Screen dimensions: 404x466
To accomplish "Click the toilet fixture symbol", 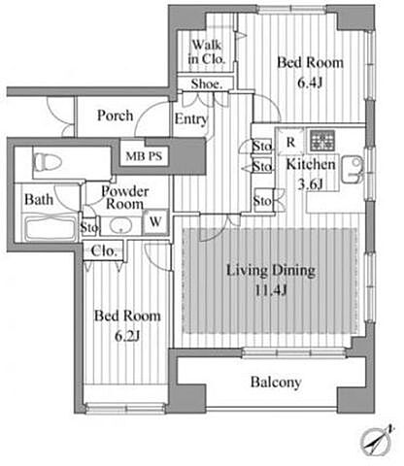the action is click(x=48, y=161).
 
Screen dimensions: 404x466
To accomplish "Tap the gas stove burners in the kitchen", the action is click(x=322, y=141).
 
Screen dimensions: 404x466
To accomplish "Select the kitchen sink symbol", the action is click(x=353, y=169).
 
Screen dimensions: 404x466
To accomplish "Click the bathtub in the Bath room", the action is click(x=50, y=227).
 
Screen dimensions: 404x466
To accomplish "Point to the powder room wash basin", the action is click(x=120, y=225).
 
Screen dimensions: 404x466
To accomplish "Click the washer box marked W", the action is click(x=155, y=221).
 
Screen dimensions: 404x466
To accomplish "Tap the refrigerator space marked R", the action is click(x=291, y=142).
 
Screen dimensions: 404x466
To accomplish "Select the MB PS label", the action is click(x=144, y=156).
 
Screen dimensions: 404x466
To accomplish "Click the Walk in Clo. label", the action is click(x=206, y=51).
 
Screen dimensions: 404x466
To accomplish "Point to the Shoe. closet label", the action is click(x=207, y=84).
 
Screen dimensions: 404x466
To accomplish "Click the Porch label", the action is click(x=116, y=116).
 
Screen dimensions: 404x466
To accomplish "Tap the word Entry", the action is click(x=190, y=119).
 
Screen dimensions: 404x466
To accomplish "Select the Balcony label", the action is click(x=276, y=383).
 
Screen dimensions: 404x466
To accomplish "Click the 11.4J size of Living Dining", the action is click(x=271, y=290).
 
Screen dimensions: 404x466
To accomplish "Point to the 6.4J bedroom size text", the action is click(x=310, y=83).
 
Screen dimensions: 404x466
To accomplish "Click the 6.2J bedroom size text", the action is click(x=127, y=337).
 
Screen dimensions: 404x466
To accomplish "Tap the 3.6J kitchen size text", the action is click(x=310, y=184).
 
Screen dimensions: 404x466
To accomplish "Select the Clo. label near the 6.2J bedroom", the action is click(x=104, y=251).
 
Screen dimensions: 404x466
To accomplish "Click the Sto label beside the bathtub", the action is click(x=88, y=227).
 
